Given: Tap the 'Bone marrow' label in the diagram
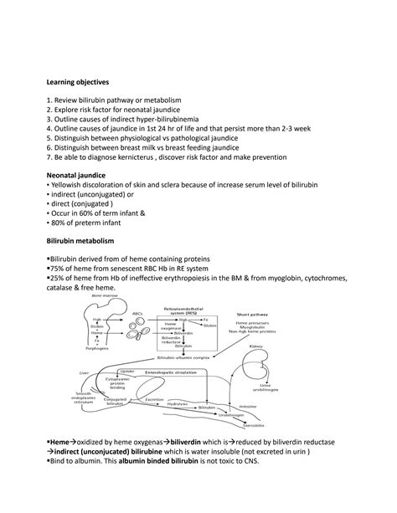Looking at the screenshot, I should click(x=103, y=295).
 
